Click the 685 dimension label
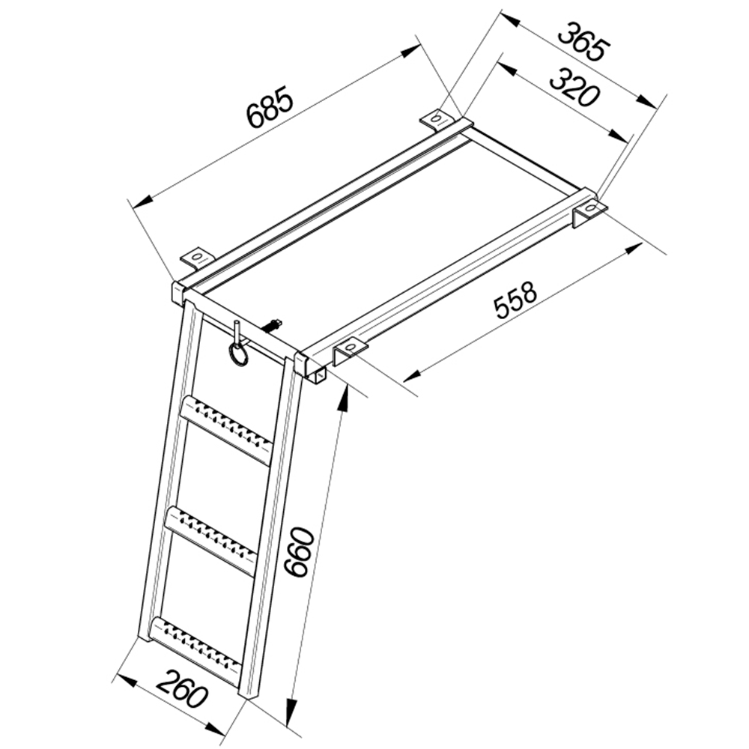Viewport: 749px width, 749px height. [269, 107]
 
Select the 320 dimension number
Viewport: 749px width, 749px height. [574, 88]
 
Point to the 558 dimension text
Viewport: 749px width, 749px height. [516, 300]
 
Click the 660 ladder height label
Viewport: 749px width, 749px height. [300, 551]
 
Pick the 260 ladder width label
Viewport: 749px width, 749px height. [183, 688]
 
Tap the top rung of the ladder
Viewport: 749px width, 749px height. [226, 429]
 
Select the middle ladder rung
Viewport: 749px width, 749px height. [213, 542]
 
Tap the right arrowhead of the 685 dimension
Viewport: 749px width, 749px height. [410, 51]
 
